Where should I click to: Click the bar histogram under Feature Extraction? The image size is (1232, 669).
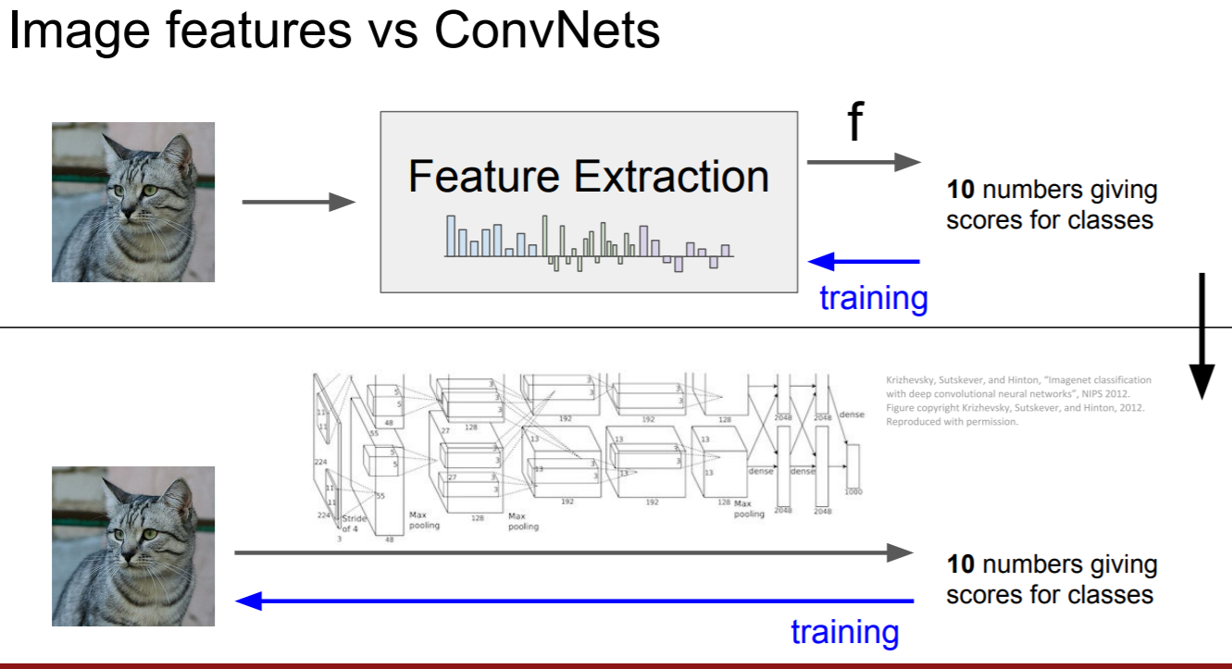589,243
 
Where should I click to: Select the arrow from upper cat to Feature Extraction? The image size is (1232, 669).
298,203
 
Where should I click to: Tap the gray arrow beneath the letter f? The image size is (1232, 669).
864,162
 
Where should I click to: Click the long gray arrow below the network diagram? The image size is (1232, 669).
574,552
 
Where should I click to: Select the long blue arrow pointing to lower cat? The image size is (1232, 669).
574,601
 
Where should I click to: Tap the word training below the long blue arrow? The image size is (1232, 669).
844,632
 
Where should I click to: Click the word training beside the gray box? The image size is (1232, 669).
873,298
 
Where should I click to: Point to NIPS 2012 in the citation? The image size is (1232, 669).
1119,393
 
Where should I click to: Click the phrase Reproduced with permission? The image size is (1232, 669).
952,421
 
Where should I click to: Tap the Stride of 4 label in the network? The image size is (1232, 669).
355,523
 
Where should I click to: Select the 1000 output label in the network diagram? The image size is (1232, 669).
852,491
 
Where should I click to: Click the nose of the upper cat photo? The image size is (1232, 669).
130,203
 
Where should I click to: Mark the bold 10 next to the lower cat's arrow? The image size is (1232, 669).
961,564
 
